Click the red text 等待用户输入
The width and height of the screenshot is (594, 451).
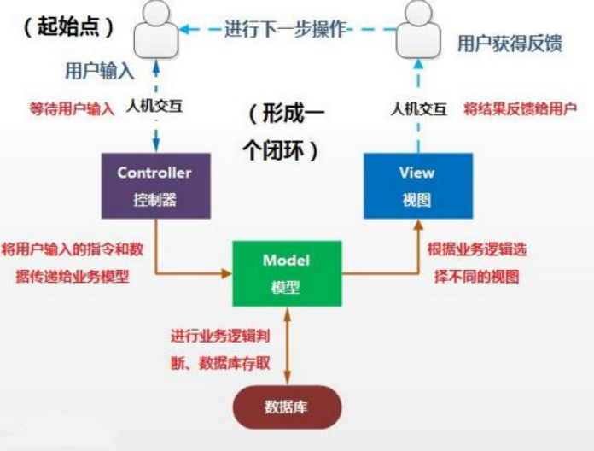point(72,109)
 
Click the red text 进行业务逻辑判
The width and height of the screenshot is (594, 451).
point(220,334)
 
